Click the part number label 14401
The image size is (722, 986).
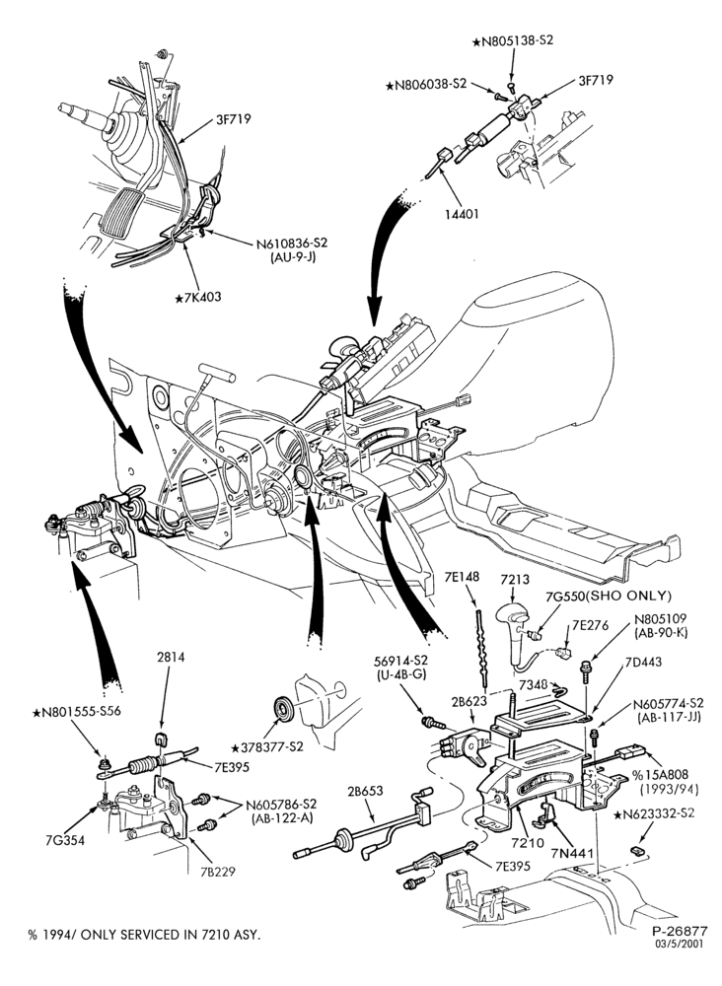pos(463,214)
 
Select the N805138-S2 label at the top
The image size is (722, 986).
pos(513,40)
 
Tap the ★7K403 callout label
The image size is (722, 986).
pos(198,297)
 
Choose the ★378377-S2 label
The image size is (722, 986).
pos(267,747)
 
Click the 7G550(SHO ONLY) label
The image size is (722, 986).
pos(610,596)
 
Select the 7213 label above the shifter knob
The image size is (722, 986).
pos(515,580)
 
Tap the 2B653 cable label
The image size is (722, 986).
pos(365,791)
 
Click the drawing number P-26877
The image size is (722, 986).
pos(680,931)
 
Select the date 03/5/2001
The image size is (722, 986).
pos(682,944)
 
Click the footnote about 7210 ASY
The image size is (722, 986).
pos(144,935)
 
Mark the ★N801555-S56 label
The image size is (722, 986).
pos(77,712)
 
